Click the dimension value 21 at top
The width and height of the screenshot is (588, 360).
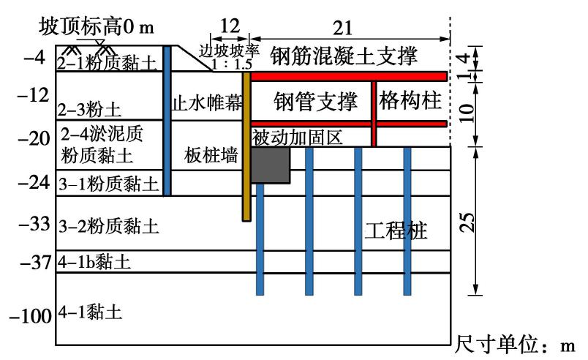point(342,28)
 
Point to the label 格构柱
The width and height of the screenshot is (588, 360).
point(410,102)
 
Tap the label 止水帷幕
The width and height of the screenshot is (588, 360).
point(206,102)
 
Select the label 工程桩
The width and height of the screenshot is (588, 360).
point(396,233)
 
